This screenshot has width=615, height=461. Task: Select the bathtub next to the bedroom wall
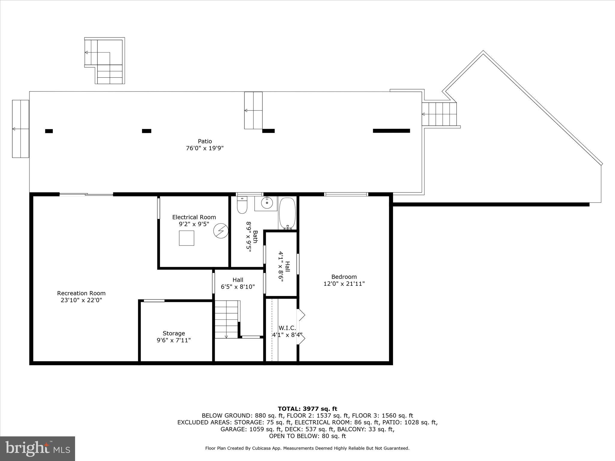pyautogui.click(x=287, y=213)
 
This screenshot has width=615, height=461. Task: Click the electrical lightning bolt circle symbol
pyautogui.click(x=221, y=231)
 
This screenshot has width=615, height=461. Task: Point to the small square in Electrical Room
pyautogui.click(x=186, y=238)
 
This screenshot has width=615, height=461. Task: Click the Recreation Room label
pyautogui.click(x=81, y=293)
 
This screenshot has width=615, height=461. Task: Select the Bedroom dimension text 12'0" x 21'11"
pyautogui.click(x=344, y=284)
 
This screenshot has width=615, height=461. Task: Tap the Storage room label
pyautogui.click(x=174, y=333)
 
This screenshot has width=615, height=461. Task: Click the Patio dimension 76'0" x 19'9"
pyautogui.click(x=205, y=148)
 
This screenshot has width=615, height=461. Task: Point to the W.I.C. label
pyautogui.click(x=287, y=328)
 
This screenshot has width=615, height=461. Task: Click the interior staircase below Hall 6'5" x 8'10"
pyautogui.click(x=226, y=319)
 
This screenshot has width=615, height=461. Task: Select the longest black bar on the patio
pyautogui.click(x=391, y=131)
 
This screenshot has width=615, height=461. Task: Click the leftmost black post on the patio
pyautogui.click(x=49, y=131)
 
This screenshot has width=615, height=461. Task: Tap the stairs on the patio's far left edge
pyautogui.click(x=20, y=129)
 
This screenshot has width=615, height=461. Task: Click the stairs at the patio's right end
pyautogui.click(x=439, y=114)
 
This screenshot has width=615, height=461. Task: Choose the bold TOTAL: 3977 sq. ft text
pyautogui.click(x=307, y=409)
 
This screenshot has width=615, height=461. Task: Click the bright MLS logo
pyautogui.click(x=38, y=449)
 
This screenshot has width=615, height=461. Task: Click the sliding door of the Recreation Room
pyautogui.click(x=86, y=194)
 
